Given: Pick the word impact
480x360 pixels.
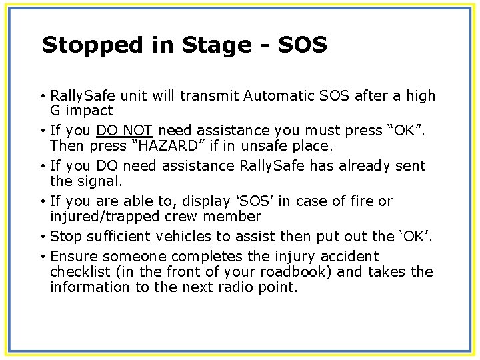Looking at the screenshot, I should pos(89,111).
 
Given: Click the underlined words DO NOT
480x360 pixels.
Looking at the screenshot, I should pos(125,131).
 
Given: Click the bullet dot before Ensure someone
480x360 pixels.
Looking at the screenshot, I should pos(43,257).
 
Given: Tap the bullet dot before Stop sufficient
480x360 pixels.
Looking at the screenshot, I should pos(43,237).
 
